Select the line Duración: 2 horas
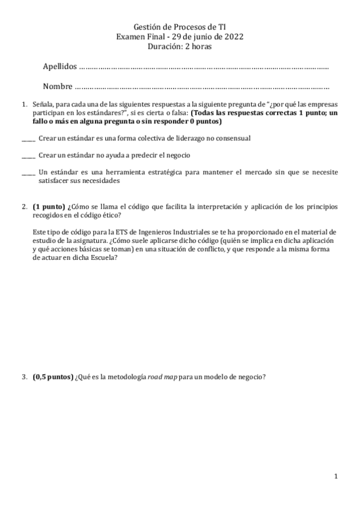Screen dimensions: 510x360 tap(180, 46)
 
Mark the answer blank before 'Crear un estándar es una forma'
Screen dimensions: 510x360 tap(28, 140)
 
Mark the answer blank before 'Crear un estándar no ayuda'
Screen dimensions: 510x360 tap(28, 156)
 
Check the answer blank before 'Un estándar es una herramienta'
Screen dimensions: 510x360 tap(28, 173)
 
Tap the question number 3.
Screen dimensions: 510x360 tap(24, 378)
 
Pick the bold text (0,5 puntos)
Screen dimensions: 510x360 tap(53, 378)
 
